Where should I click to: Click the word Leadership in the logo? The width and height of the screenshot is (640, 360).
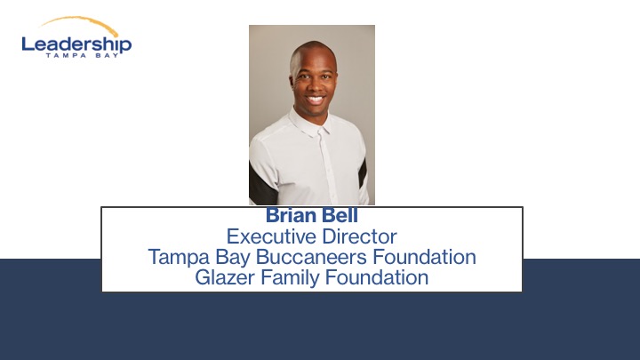[x=76, y=44]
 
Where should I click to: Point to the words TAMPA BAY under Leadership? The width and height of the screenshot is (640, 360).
[x=82, y=55]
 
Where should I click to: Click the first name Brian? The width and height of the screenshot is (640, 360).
[x=292, y=215]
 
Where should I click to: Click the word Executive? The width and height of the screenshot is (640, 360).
[x=271, y=236]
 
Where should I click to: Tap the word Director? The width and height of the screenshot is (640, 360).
[x=359, y=236]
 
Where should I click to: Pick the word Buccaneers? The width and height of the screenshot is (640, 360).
[x=311, y=257]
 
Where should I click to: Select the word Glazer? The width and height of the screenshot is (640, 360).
[x=225, y=277]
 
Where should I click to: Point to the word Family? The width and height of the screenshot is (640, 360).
[x=290, y=278]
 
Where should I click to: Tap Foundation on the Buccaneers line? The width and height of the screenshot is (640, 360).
[x=425, y=257]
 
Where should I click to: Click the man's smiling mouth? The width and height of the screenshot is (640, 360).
[x=315, y=100]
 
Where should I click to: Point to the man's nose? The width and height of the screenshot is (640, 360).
[x=314, y=85]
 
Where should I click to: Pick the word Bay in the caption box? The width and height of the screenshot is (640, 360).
[x=232, y=258]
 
